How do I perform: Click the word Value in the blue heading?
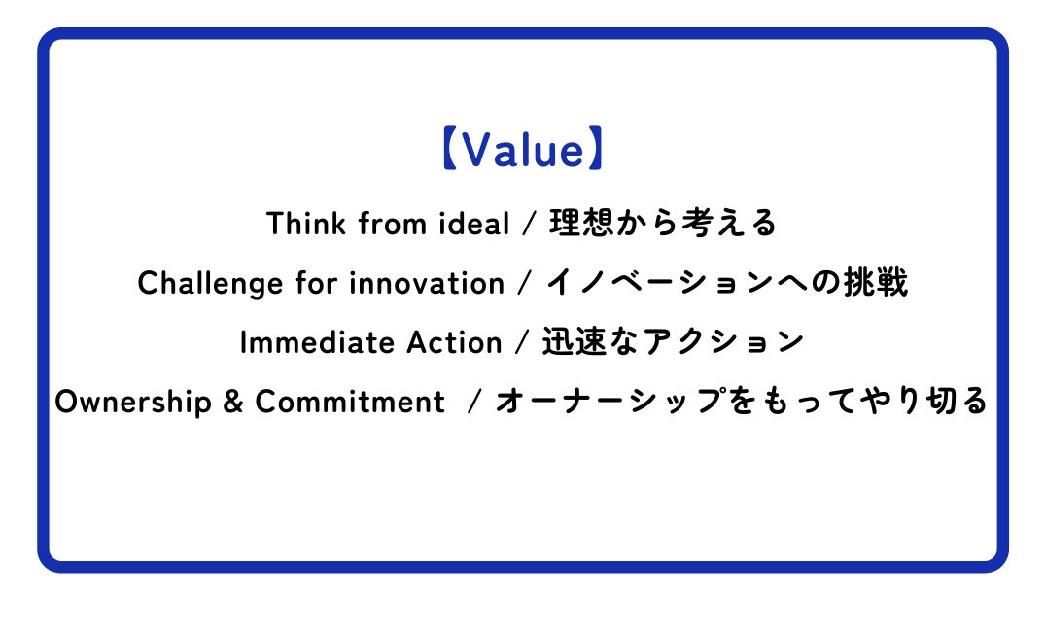pos(523,150)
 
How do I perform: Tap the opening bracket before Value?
pos(449,149)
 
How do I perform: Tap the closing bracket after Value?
pos(596,149)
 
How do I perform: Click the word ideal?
pos(473,224)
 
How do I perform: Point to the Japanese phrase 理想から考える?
pos(663,223)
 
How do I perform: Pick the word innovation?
pos(427,283)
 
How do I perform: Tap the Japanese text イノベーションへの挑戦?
pos(727,282)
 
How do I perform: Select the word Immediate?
pos(317,342)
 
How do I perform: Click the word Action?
pos(454,342)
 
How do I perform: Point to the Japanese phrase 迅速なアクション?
pos(673,341)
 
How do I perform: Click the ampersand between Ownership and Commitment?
pos(233,402)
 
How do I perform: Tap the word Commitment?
pos(350,402)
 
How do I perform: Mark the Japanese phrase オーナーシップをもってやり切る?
pos(741,401)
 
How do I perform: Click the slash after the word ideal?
pos(530,224)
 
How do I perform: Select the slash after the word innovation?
pos(525,283)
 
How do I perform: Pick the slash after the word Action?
pos(522,342)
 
